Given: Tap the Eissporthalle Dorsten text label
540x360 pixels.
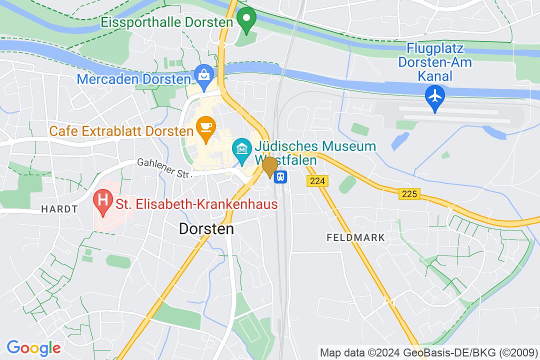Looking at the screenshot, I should point(167,22).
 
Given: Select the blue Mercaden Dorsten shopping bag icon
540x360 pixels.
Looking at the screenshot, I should point(204,75).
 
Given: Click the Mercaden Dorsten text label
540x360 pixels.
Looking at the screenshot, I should point(133,79).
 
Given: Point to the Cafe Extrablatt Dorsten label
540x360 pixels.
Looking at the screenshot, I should point(121,132).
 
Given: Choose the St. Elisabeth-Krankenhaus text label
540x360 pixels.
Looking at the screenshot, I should point(196,204).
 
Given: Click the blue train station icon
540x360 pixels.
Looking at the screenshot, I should point(281,176).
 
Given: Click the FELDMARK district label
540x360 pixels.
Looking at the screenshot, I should point(356,237).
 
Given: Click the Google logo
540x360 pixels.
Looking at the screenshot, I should point(33,347).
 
